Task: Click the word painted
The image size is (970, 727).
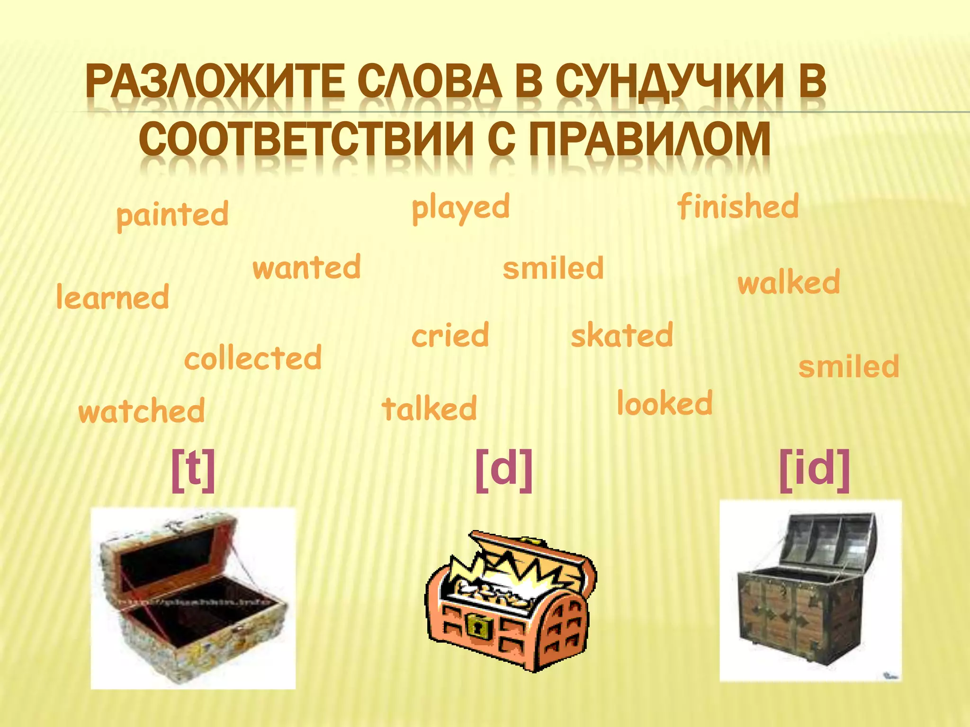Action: [x=172, y=215]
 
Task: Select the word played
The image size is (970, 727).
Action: [x=460, y=208]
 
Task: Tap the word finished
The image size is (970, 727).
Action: [x=738, y=207]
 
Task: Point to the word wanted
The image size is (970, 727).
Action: [x=307, y=267]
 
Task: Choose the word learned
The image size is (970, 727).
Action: [x=113, y=298]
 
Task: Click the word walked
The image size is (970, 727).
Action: [x=789, y=283]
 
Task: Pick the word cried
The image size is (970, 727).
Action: [x=450, y=336]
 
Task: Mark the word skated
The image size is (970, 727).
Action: [x=622, y=336]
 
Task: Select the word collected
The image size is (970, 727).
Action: [x=253, y=358]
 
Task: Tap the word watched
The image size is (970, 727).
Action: [x=142, y=411]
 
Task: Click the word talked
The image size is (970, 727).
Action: [x=429, y=409]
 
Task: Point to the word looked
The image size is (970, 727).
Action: [x=665, y=404]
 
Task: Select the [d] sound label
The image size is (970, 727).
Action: [x=504, y=470]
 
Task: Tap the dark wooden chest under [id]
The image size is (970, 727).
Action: [x=810, y=592]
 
